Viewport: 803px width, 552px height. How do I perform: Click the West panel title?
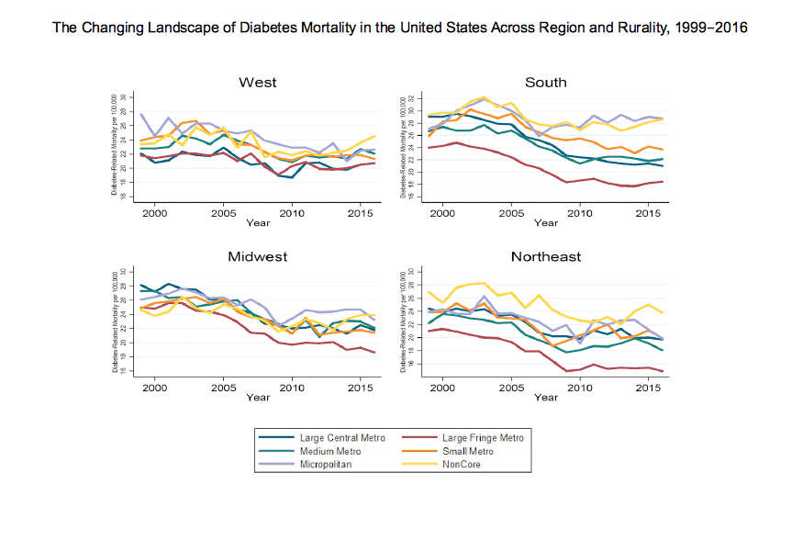(x=258, y=83)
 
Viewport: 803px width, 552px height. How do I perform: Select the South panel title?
(x=546, y=83)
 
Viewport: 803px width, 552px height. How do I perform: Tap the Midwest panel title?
(x=258, y=256)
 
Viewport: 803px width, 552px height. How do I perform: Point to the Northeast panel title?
(x=546, y=256)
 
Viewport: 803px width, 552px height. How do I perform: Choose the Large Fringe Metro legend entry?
(x=482, y=438)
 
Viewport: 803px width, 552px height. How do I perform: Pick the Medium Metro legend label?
(x=327, y=451)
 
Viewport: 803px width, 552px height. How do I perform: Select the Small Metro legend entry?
(x=468, y=451)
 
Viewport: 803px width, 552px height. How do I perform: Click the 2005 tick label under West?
(x=224, y=213)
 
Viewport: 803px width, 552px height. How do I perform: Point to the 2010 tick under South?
(x=579, y=213)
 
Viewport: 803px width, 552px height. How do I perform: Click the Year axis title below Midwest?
(x=258, y=397)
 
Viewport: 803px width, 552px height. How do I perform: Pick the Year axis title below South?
(x=546, y=222)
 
